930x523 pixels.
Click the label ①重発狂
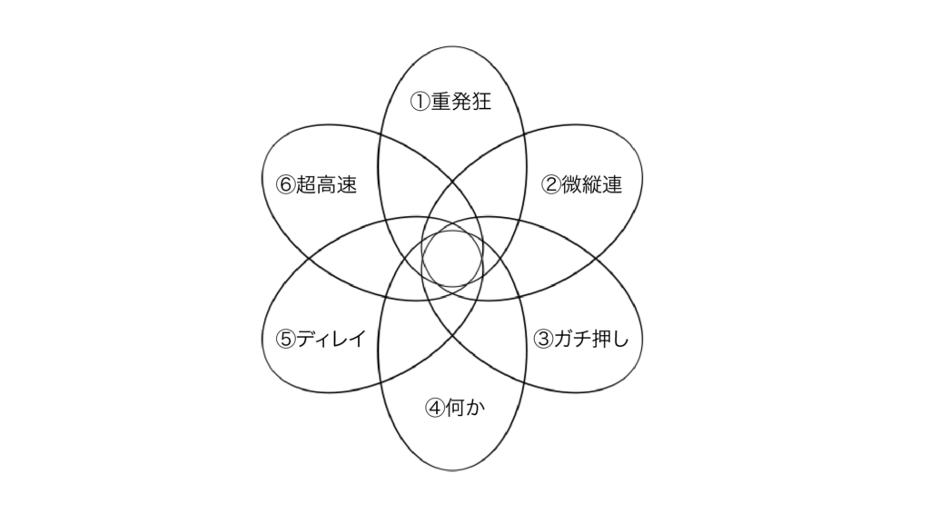pyautogui.click(x=450, y=102)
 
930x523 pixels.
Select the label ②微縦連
pyautogui.click(x=582, y=185)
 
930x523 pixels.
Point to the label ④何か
pyautogui.click(x=455, y=408)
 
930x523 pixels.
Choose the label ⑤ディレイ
pyautogui.click(x=322, y=340)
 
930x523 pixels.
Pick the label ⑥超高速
pyautogui.click(x=317, y=185)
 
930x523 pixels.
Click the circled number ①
pyautogui.click(x=420, y=102)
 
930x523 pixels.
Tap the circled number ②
pyautogui.click(x=551, y=185)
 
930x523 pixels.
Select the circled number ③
pyautogui.click(x=544, y=340)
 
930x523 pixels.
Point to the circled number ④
pyautogui.click(x=435, y=408)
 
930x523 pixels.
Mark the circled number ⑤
pyautogui.click(x=286, y=340)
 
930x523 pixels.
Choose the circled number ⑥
pyautogui.click(x=286, y=185)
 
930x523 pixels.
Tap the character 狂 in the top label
pyautogui.click(x=481, y=102)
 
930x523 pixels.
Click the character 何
pyautogui.click(x=455, y=408)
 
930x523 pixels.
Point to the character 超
pyautogui.click(x=306, y=185)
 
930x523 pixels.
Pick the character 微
pyautogui.click(x=571, y=185)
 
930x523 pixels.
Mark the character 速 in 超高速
pyautogui.click(x=347, y=185)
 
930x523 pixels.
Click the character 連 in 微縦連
pyautogui.click(x=612, y=185)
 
